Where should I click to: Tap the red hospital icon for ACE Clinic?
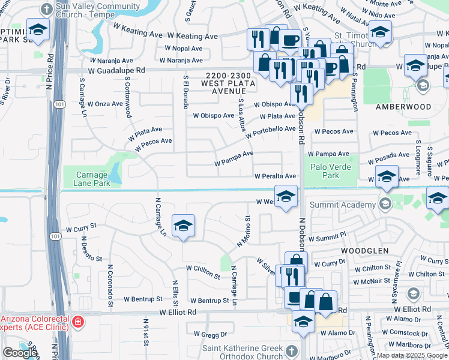pos(77,323)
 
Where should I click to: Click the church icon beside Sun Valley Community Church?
pos(46,9)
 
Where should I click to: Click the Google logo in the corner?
pos(19,353)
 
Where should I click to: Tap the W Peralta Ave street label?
pos(275,176)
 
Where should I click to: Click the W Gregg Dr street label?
pos(210,334)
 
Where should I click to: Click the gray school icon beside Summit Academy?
pos(385,205)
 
